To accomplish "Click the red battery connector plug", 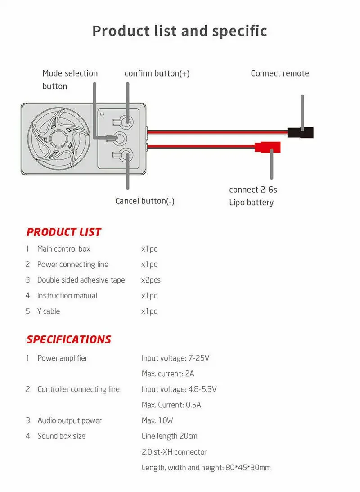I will [267, 147].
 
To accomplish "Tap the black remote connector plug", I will [300, 132].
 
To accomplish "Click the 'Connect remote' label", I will [280, 73].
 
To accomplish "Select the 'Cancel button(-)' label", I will [144, 201].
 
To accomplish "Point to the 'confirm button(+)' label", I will [157, 73].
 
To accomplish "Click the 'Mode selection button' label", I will [70, 80].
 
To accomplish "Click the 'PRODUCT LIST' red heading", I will [64, 232].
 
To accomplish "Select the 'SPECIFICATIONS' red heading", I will [69, 339].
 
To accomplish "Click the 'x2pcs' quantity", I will [151, 280].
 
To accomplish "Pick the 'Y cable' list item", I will [49, 311].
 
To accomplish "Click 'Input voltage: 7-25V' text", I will [175, 358].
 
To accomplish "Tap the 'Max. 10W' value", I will [157, 420].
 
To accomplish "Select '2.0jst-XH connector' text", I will [174, 451].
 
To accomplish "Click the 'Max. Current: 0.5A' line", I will [171, 405].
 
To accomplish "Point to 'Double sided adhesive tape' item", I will [81, 280].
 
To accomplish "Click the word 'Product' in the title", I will [120, 31].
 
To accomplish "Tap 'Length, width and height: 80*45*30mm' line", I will [206, 467].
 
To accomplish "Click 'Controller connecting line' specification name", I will [79, 389].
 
